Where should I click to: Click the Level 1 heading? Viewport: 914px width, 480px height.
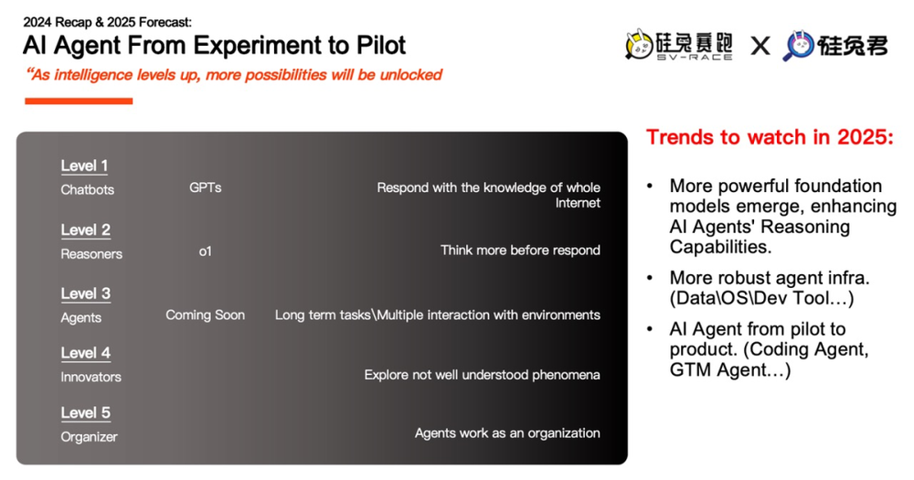84,165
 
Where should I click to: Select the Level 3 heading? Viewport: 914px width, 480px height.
86,293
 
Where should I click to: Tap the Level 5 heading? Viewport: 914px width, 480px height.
86,412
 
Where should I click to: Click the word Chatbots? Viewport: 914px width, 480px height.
88,189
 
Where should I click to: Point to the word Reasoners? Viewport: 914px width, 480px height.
91,253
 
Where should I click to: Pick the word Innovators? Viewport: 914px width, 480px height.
90,377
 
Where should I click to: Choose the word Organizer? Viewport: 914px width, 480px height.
90,437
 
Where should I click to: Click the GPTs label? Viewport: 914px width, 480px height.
205,187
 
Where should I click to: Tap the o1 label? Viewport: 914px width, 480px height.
205,251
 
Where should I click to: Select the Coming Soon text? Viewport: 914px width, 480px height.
205,315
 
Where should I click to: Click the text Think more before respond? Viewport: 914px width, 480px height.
520,251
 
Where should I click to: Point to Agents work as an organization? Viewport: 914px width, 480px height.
507,432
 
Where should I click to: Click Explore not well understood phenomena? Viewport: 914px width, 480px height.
482,375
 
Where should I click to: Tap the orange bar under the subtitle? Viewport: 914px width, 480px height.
79,101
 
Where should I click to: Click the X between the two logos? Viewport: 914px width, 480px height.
760,46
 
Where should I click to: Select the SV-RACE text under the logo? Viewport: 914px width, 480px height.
695,58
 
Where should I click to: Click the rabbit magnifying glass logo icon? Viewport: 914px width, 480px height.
798,46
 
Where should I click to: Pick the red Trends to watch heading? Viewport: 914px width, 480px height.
770,137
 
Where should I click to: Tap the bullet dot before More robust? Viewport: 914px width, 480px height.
651,278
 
